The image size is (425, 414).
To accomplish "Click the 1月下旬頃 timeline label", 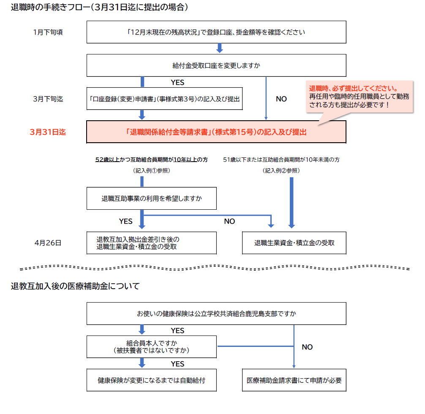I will point(48,32).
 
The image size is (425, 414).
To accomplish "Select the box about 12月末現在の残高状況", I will point(216,32).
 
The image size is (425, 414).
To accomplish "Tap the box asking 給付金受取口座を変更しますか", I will point(216,65).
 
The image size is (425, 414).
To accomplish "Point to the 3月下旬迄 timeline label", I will point(48,99).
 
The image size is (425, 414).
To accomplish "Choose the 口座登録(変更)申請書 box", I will point(165,99).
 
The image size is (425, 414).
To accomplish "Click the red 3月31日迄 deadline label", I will point(48,132).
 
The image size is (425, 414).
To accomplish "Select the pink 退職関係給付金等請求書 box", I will point(216,132).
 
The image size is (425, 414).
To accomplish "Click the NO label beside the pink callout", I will point(281,99).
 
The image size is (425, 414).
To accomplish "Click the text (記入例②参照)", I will point(281,170).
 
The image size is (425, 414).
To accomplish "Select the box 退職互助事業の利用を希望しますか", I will point(151,198).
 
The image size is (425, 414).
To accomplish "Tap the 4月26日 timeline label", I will point(48,243).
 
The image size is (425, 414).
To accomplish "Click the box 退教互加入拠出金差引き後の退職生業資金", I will point(151,243).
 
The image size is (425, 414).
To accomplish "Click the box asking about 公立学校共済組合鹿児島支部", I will point(216,314).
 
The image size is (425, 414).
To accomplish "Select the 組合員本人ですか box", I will point(151,346).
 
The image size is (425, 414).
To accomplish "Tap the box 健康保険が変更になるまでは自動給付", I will point(151,380).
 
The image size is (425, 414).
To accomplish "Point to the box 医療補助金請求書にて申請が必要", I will point(294,380).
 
